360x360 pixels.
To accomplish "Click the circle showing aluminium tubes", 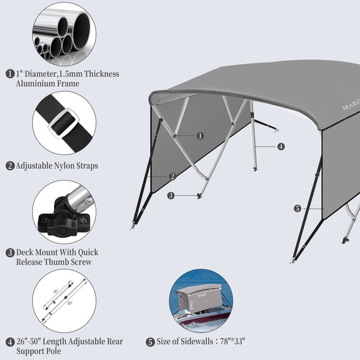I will [64, 33].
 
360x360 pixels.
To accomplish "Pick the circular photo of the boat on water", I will [200, 300].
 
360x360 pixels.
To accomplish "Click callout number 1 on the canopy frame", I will [200, 135].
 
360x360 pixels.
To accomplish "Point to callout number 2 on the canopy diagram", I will [172, 176].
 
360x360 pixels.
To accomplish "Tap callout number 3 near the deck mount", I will [171, 196].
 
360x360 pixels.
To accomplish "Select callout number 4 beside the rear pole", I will [281, 146].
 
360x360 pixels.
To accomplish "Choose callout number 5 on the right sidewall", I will [297, 208].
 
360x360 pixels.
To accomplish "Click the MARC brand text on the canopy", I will [350, 107].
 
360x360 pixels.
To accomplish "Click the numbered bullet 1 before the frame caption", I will [10, 74].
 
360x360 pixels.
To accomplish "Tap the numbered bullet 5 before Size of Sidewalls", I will [150, 342].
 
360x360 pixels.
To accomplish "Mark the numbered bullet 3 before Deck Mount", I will [10, 252].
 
